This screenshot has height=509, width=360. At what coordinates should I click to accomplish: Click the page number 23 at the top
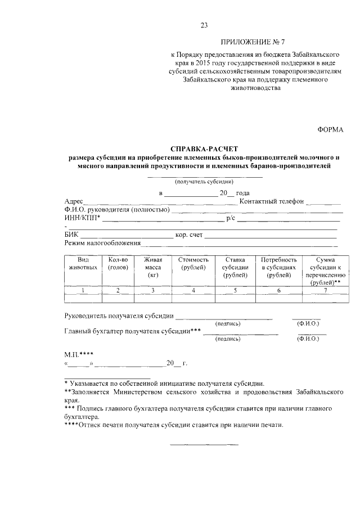pyautogui.click(x=204, y=25)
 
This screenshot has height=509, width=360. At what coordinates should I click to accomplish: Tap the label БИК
pyautogui.click(x=71, y=235)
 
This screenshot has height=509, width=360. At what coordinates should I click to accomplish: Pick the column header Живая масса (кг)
pyautogui.click(x=152, y=267)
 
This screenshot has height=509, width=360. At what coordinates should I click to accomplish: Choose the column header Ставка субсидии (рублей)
pyautogui.click(x=234, y=267)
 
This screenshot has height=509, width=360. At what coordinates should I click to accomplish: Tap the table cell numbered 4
pyautogui.click(x=193, y=290)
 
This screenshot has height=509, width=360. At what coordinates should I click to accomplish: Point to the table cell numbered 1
pyautogui.click(x=84, y=290)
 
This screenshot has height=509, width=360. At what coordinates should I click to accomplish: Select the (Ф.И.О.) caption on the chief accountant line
pyautogui.click(x=308, y=339)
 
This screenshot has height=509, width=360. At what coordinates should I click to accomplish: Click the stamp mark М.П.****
pyautogui.click(x=78, y=354)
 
